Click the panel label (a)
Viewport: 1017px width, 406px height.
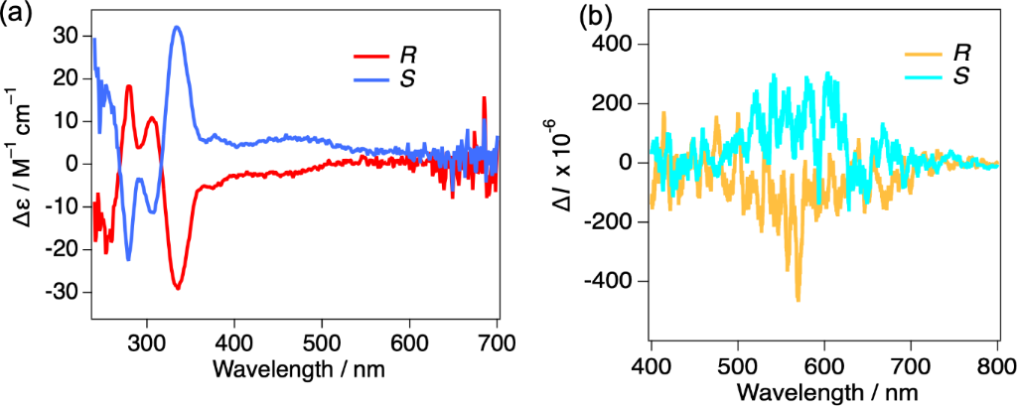(x=18, y=15)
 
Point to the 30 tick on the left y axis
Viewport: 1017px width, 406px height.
(x=67, y=35)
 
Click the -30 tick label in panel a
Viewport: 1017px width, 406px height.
(x=63, y=292)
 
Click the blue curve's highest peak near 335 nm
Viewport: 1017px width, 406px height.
(x=177, y=27)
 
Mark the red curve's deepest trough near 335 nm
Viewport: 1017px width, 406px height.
(x=178, y=288)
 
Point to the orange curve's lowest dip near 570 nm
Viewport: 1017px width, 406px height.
(x=798, y=300)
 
